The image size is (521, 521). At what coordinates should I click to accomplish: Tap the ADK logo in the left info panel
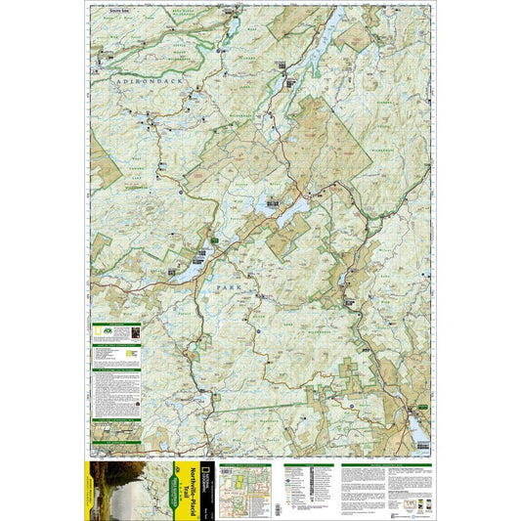click(x=100, y=331)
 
